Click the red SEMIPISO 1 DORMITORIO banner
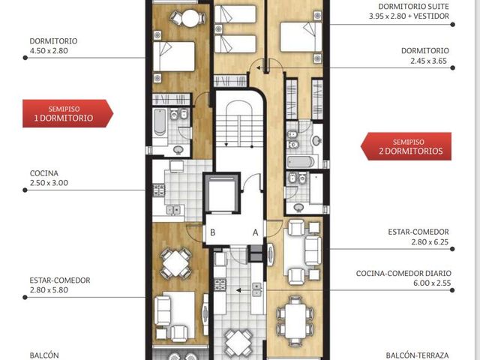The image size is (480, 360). click(x=67, y=113)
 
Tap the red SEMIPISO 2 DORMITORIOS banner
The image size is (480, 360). click(x=406, y=146)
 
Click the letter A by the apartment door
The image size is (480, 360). click(x=255, y=232)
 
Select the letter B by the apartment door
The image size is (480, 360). click(x=213, y=232)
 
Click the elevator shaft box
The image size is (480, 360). click(x=221, y=193)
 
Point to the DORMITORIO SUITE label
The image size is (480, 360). click(x=413, y=7)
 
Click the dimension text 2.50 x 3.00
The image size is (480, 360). click(x=49, y=183)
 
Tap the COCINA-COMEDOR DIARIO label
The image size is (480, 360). click(x=403, y=273)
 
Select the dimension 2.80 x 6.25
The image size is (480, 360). click(x=430, y=241)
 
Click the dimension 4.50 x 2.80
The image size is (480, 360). click(x=49, y=51)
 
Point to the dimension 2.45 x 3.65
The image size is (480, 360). click(x=428, y=61)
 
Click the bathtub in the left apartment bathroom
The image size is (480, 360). click(x=160, y=121)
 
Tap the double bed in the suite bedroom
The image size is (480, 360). click(x=301, y=37)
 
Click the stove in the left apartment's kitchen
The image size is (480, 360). click(x=159, y=190)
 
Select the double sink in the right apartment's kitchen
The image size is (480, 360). click(x=256, y=289)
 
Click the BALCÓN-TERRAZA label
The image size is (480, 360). click(x=417, y=355)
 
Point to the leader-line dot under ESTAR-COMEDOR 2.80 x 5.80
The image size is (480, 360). click(x=25, y=297)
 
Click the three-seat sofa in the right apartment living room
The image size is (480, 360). click(x=313, y=250)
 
